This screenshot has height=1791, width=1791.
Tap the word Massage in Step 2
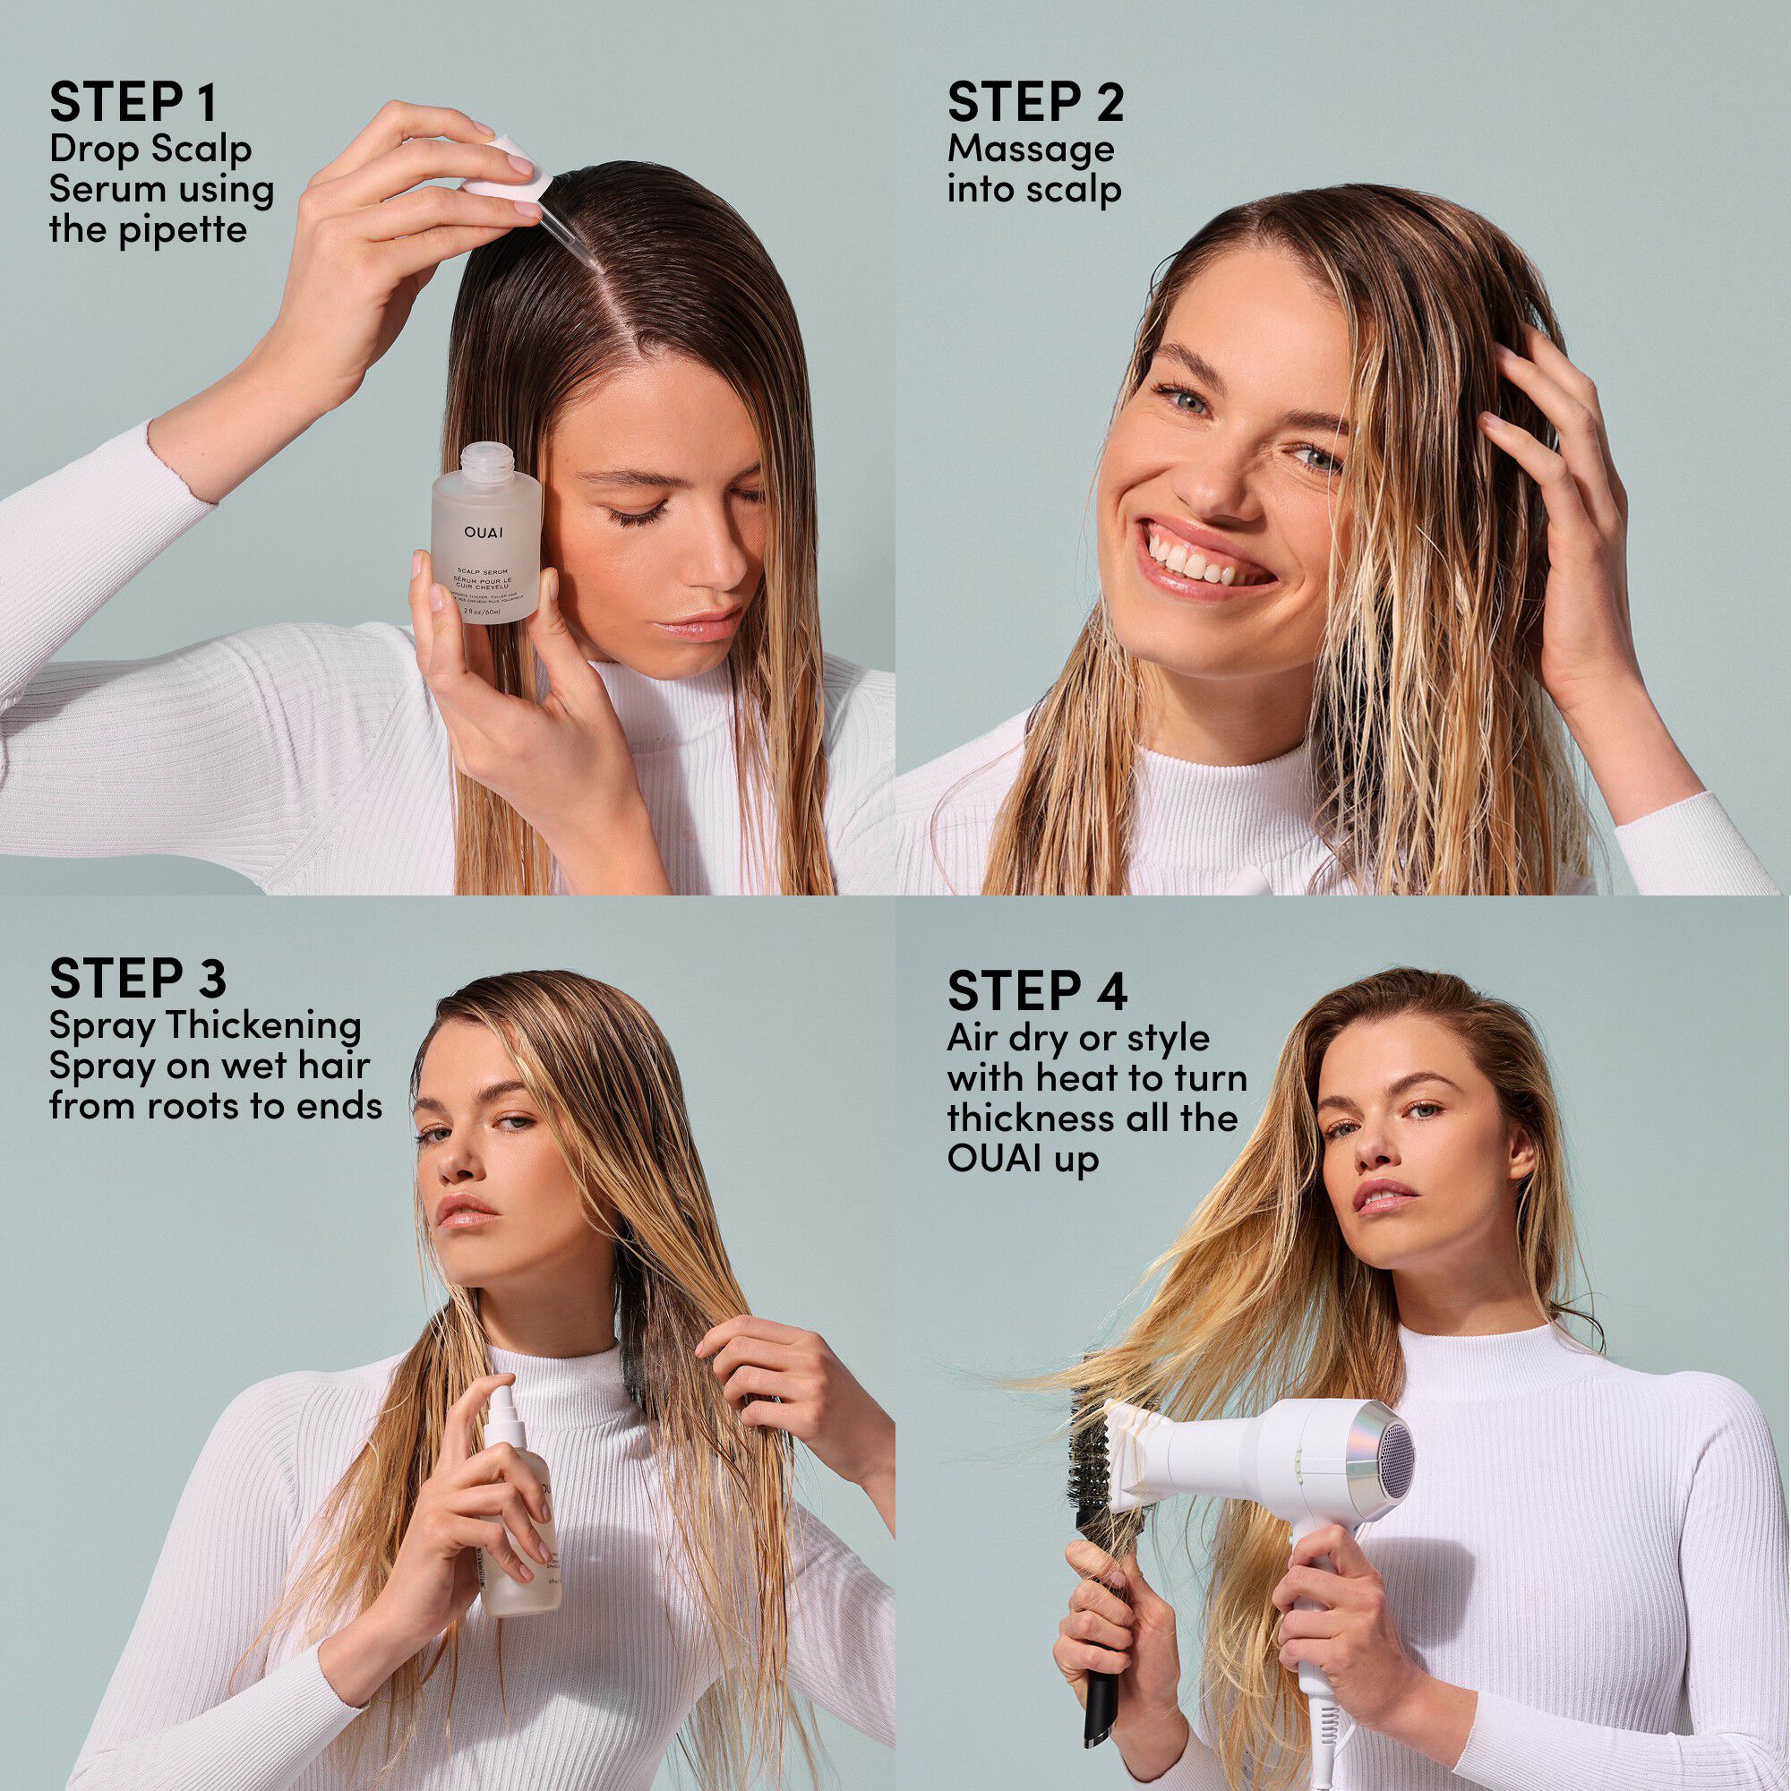1030,150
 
